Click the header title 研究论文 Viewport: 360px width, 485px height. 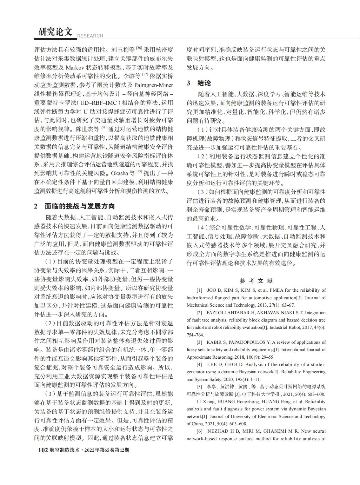[56, 32]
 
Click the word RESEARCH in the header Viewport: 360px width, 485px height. [90, 36]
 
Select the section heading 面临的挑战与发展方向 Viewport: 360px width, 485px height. [80, 206]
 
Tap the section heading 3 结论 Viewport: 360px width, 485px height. [199, 83]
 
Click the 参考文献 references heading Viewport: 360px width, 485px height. [256, 281]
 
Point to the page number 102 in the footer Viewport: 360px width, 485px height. [43, 450]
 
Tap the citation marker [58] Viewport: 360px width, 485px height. [104, 128]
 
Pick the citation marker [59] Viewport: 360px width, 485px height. [140, 172]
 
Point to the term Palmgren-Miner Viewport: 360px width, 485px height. [154, 85]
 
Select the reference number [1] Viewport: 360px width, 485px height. [199, 290]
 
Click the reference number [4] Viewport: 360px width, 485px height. [199, 364]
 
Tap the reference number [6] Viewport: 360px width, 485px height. [199, 431]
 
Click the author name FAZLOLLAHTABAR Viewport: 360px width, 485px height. [227, 313]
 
